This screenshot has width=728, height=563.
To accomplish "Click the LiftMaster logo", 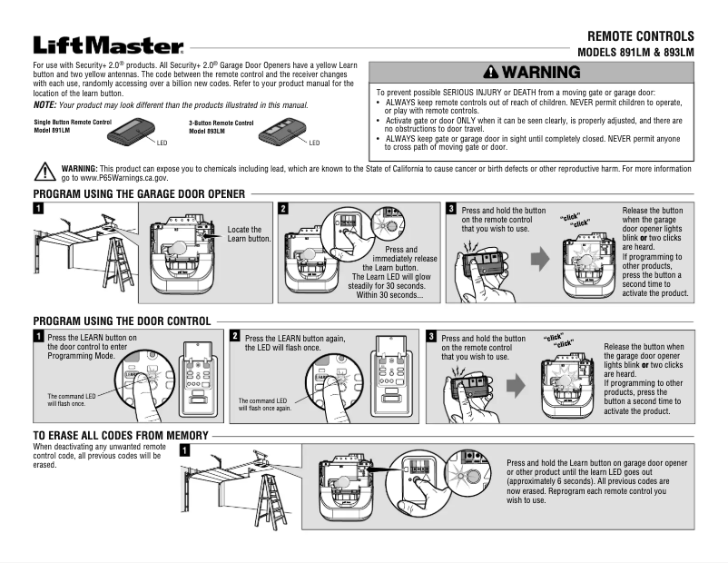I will click(108, 45).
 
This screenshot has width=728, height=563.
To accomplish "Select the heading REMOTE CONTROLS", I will click(640, 35).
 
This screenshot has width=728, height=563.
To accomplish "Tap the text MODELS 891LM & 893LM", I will click(635, 53).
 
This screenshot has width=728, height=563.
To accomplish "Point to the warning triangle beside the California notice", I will click(44, 172).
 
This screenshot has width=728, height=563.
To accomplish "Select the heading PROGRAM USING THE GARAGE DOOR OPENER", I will click(139, 194).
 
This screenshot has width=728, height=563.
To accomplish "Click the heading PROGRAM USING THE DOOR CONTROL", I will click(122, 321).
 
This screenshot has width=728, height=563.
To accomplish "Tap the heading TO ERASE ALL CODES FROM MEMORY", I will click(121, 436).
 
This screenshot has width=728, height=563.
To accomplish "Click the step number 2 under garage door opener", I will click(284, 209).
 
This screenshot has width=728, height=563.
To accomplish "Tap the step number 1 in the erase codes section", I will click(185, 449).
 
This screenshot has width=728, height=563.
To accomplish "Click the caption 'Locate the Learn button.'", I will click(249, 234).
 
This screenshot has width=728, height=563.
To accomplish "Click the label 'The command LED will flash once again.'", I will click(264, 404).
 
